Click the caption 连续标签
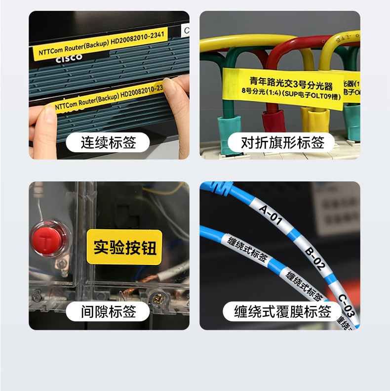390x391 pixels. point(108,143)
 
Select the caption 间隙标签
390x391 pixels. point(108,311)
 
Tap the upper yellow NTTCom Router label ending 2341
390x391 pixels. point(99,43)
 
